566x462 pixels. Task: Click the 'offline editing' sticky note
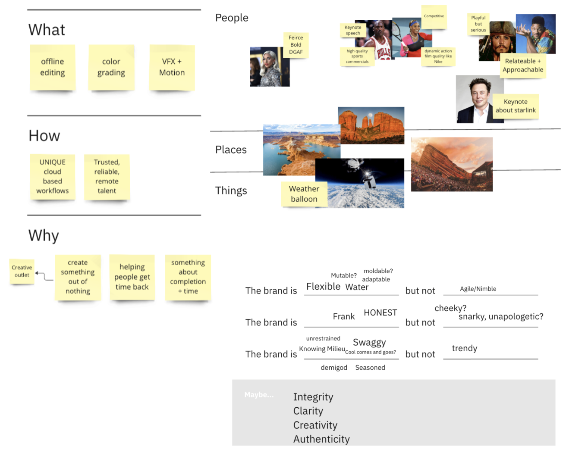coord(53,67)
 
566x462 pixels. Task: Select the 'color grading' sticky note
coord(111,67)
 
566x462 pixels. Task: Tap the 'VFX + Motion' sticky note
coord(172,67)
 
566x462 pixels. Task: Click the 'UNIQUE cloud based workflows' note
coord(53,177)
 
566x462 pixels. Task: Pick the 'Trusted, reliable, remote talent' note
coord(107,177)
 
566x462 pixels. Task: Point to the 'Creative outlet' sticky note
coord(22,272)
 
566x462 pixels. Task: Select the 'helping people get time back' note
coord(132,277)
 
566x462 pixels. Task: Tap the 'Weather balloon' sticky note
coord(304,194)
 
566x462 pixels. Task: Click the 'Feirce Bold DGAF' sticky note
coord(296,45)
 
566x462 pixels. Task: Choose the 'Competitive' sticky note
coord(434,17)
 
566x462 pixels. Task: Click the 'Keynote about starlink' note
coord(516,106)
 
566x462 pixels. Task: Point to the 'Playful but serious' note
coord(478,24)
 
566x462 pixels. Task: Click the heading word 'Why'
coord(44,236)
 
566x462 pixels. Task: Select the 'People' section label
coord(232,18)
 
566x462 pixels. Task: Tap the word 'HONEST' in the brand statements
coord(380,312)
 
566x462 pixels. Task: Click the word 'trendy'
coord(464,348)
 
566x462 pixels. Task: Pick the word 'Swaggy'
coord(369,342)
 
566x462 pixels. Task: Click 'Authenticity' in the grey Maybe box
coord(321,439)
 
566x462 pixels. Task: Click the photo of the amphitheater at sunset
coord(452,164)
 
